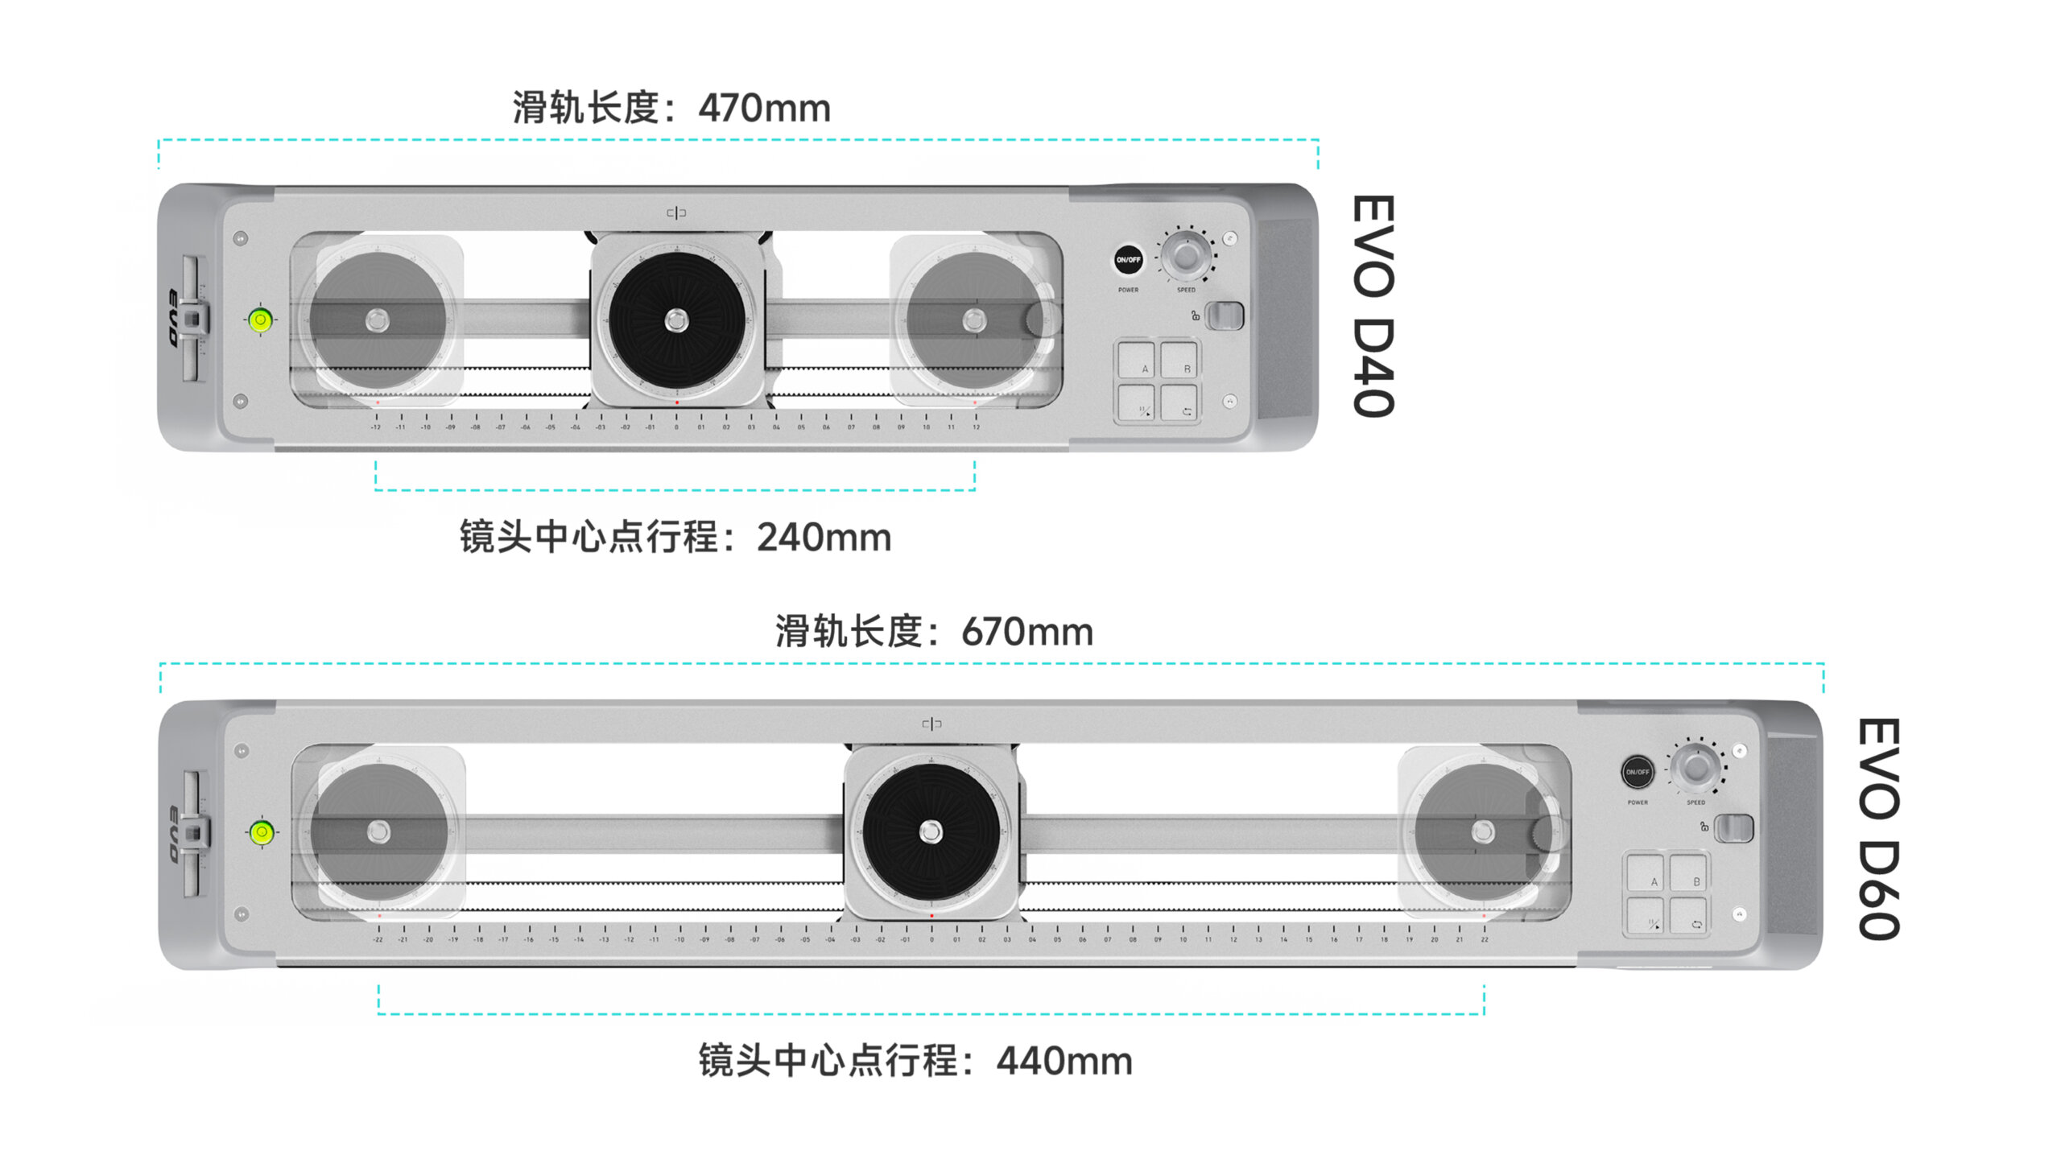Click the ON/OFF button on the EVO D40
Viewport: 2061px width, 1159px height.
pyautogui.click(x=1128, y=259)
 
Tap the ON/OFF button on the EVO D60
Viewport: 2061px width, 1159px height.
pyautogui.click(x=1637, y=771)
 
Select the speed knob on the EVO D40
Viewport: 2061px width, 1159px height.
pyautogui.click(x=1186, y=256)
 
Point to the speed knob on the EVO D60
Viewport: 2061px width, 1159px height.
pyautogui.click(x=1695, y=768)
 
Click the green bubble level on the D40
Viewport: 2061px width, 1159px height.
pyautogui.click(x=260, y=320)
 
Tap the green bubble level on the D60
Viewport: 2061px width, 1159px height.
pyautogui.click(x=262, y=831)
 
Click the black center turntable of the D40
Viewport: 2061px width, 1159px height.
pyautogui.click(x=676, y=320)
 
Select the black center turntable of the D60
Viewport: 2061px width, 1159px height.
pyautogui.click(x=931, y=831)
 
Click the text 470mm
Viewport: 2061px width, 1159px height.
pyautogui.click(x=764, y=108)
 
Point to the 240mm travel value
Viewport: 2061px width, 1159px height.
pyautogui.click(x=824, y=537)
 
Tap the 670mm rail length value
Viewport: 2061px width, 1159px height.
pyautogui.click(x=1027, y=632)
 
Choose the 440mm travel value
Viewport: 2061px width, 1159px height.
pyautogui.click(x=1064, y=1061)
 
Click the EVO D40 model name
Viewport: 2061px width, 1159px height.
pyautogui.click(x=1373, y=306)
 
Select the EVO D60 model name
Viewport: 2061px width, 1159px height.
pyautogui.click(x=1880, y=829)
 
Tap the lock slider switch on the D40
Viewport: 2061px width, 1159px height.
pyautogui.click(x=1225, y=316)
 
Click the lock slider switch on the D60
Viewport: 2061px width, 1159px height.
pyautogui.click(x=1733, y=827)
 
